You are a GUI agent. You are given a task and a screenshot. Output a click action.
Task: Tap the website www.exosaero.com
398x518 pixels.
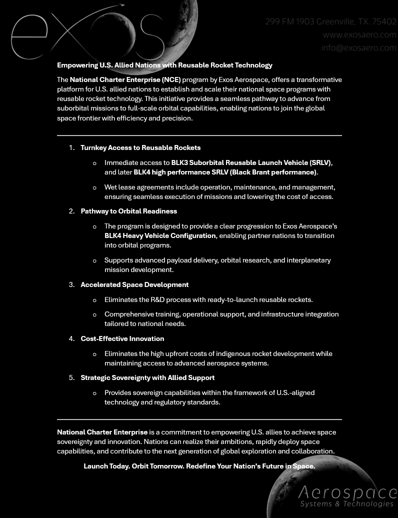point(359,34)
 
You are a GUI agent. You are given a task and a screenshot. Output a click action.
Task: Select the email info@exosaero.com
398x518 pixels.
point(358,47)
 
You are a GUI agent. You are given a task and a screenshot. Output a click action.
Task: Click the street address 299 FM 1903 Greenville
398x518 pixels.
point(330,21)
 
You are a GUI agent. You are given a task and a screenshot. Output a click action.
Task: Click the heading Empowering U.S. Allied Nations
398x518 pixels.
point(164,65)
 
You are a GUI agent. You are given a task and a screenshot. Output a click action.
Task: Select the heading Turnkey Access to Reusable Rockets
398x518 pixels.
point(140,147)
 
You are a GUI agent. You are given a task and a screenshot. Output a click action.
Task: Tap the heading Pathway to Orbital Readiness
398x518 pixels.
point(129,211)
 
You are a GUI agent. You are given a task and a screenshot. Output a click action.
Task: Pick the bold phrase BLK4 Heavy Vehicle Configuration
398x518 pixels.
point(160,235)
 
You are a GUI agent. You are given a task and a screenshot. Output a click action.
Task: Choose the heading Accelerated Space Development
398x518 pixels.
point(134,284)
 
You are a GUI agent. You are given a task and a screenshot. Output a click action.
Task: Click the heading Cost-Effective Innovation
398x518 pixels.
point(122,338)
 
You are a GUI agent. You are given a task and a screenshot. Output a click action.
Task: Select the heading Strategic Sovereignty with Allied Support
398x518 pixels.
point(147,377)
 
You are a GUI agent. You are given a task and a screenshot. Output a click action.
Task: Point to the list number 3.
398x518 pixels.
point(71,284)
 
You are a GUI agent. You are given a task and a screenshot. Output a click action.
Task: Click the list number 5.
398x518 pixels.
point(71,377)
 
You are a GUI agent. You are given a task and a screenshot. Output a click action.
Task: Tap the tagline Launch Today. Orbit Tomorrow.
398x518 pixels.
point(199,466)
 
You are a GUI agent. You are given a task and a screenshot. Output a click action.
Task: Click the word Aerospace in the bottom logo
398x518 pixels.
point(347,492)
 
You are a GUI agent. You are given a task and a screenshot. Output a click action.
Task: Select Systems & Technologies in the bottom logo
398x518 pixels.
point(347,504)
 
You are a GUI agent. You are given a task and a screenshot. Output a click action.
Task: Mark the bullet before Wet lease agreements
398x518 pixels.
point(95,187)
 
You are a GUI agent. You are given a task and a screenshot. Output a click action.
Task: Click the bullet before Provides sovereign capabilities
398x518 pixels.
point(95,393)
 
